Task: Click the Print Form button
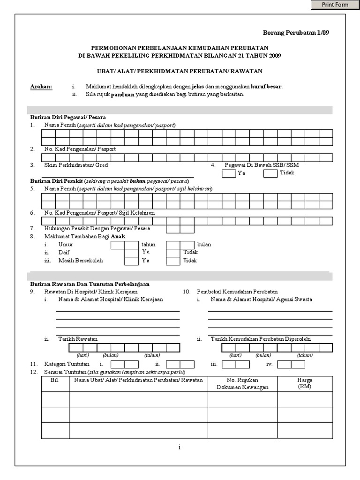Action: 335,5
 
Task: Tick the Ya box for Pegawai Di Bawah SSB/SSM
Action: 228,174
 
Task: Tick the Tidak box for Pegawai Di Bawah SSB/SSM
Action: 270,174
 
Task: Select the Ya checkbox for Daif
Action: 131,253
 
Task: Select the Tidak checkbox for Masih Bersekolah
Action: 173,261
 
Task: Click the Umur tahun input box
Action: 124,245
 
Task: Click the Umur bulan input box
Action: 180,245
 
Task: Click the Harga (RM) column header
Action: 305,383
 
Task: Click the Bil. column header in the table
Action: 55,380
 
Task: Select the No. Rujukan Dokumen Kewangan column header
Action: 242,383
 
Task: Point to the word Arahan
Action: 41,87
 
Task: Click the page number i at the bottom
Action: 180,448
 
